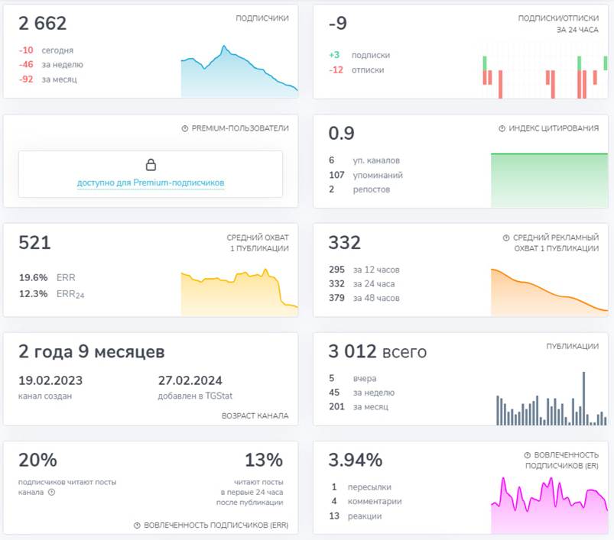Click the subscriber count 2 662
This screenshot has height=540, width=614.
[42, 24]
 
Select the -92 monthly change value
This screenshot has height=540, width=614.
[26, 79]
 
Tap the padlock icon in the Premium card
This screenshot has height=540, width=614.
[151, 165]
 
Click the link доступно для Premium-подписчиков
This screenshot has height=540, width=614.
[151, 183]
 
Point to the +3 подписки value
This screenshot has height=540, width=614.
[334, 55]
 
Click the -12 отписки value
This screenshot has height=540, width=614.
[336, 70]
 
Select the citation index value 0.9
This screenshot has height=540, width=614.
[341, 134]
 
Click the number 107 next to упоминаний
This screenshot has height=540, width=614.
[336, 175]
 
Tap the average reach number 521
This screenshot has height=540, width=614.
[34, 244]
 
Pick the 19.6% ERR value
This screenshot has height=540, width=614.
[33, 277]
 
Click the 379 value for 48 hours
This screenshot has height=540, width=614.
[336, 298]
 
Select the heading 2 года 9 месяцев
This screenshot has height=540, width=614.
[91, 352]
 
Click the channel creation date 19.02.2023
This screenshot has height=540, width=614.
[50, 380]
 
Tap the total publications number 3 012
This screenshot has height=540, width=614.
[352, 352]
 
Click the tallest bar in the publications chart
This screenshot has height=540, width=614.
[583, 398]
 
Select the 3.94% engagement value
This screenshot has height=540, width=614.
[355, 461]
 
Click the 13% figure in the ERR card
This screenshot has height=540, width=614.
[264, 461]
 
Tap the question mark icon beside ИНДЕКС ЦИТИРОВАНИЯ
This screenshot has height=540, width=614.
[502, 129]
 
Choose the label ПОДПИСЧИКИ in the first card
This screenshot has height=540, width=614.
[262, 18]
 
